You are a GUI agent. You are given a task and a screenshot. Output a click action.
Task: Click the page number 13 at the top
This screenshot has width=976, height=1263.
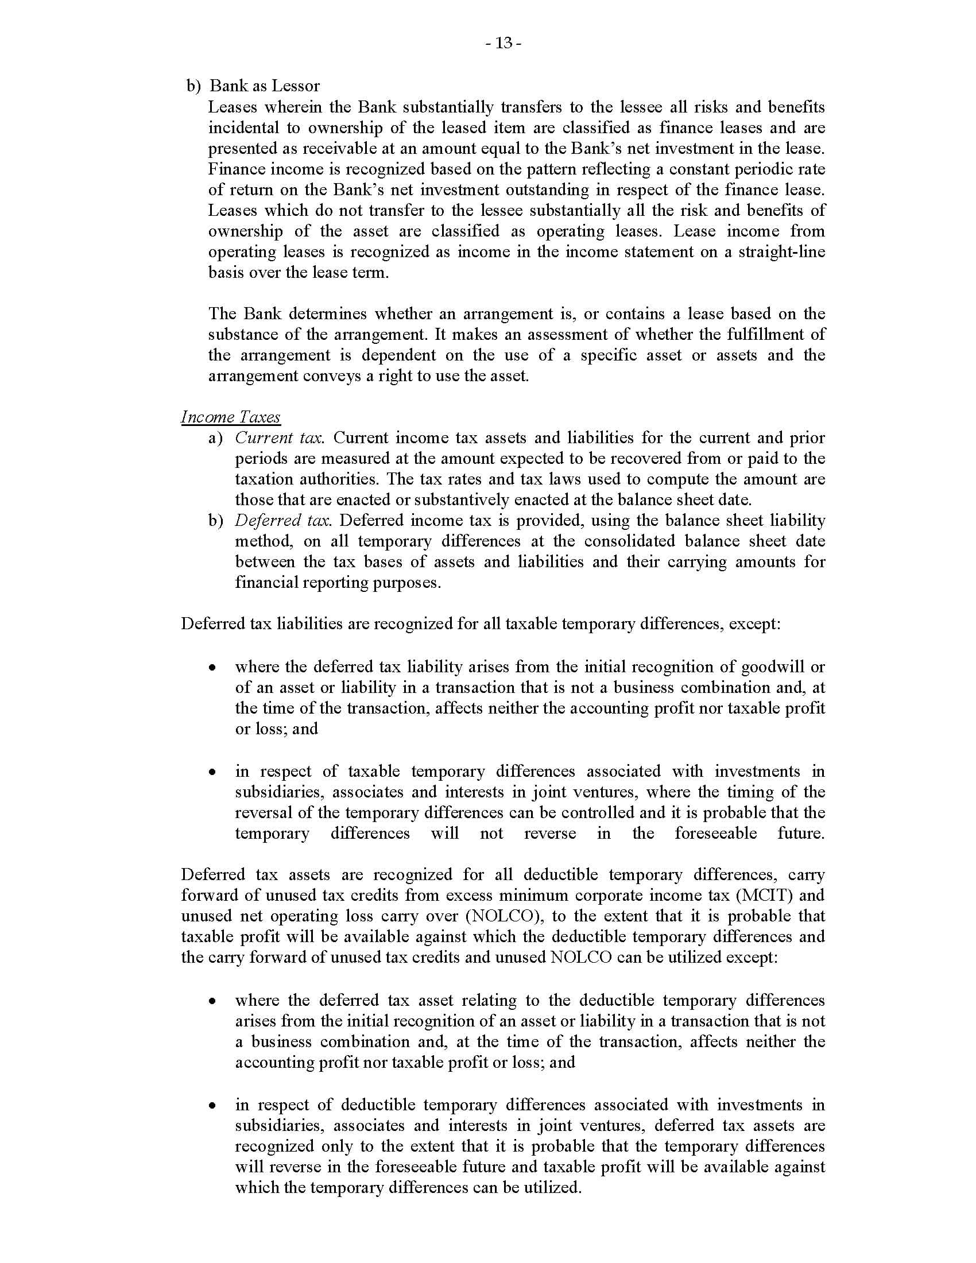pos(504,43)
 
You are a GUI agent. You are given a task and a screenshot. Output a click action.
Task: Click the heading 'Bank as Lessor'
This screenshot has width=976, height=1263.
pos(264,86)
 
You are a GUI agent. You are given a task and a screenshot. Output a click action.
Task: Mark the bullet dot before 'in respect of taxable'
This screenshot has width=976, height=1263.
pos(213,772)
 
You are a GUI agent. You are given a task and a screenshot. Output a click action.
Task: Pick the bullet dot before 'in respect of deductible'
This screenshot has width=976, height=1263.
pos(213,1106)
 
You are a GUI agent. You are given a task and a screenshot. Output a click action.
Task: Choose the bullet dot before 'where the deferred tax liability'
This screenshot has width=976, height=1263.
pos(213,667)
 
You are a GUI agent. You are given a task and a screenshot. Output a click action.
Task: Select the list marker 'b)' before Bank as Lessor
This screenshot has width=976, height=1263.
pos(192,86)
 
